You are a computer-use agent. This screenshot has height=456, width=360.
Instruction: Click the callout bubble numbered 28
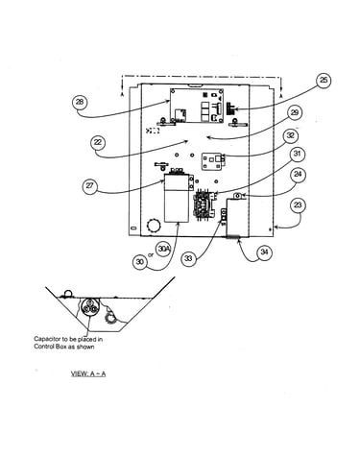[x=80, y=102]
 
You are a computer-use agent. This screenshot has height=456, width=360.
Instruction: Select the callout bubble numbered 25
[x=324, y=80]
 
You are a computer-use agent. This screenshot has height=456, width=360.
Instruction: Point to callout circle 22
[x=98, y=142]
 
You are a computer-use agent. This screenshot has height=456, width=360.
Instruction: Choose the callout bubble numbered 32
[x=290, y=135]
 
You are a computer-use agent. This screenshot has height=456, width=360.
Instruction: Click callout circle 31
[x=298, y=154]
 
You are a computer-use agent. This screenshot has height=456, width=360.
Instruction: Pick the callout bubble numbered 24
[x=298, y=175]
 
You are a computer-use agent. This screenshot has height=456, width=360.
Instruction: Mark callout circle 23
[x=298, y=204]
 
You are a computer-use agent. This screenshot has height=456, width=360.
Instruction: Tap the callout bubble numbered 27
[x=90, y=185]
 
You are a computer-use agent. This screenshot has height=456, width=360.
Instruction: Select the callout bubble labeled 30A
[x=163, y=250]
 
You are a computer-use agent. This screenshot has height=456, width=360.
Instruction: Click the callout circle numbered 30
[x=140, y=262]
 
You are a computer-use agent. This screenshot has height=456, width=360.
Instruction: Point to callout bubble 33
[x=188, y=258]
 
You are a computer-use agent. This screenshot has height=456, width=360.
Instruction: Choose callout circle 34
[x=264, y=252]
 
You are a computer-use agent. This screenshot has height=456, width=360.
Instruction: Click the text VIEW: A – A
[x=88, y=373]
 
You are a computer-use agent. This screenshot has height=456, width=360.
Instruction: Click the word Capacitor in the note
[x=47, y=339]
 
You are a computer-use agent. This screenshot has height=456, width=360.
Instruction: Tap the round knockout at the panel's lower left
[x=153, y=226]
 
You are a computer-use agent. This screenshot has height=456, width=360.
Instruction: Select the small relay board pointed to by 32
[x=213, y=161]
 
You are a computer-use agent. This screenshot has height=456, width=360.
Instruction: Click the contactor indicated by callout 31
[x=204, y=204]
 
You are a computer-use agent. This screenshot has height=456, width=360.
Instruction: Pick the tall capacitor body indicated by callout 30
[x=177, y=198]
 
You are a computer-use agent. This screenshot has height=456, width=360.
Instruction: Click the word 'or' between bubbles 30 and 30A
[x=151, y=255]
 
